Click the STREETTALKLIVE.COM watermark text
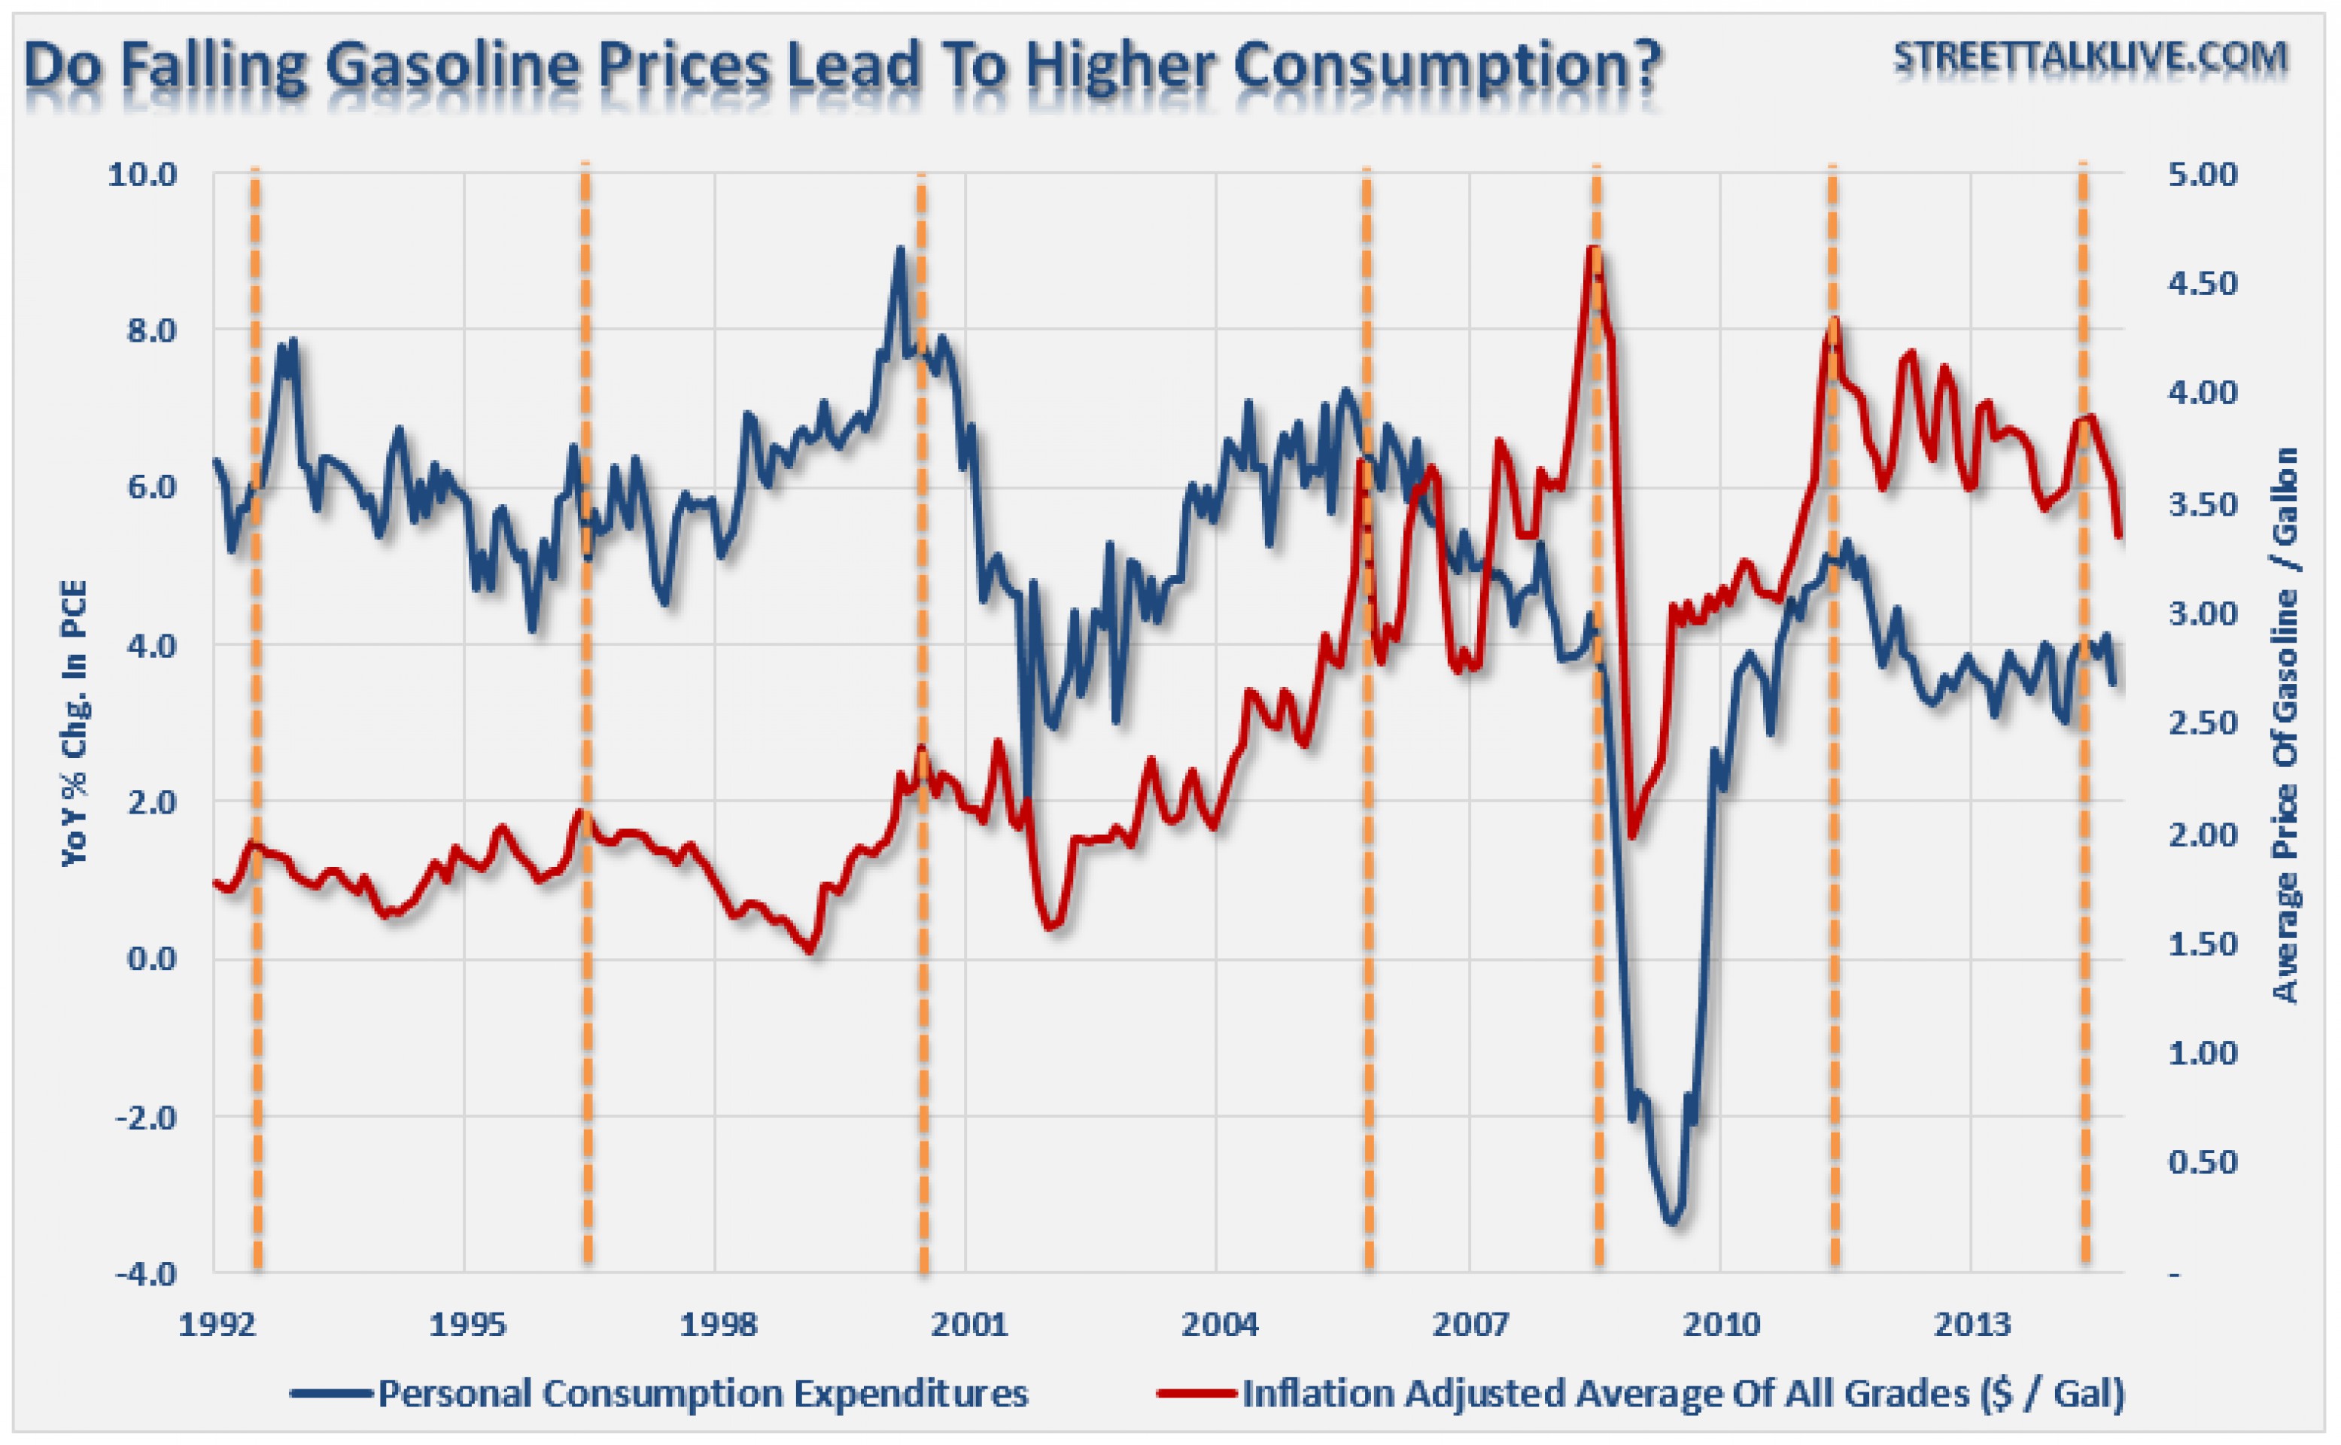click(2090, 57)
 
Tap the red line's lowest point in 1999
click(810, 951)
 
